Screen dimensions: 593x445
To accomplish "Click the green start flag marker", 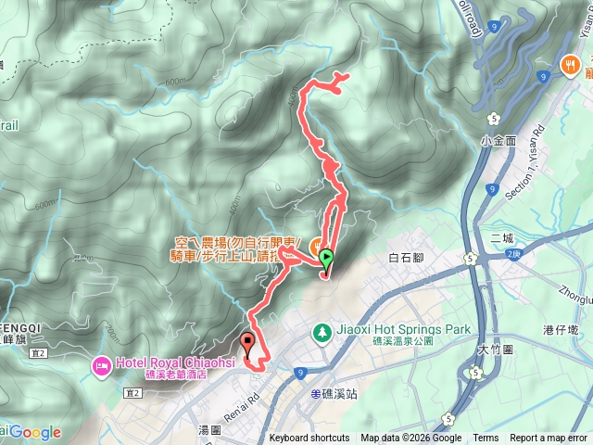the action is (x=326, y=261).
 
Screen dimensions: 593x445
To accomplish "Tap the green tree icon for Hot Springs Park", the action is (x=321, y=330).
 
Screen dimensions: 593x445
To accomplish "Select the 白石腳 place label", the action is (x=407, y=257).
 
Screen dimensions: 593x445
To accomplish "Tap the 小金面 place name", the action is (x=498, y=141).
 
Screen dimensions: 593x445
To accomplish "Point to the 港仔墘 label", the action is (x=561, y=329).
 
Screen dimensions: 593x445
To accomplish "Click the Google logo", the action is (x=35, y=432).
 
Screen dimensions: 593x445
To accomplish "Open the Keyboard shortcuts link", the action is (x=309, y=439).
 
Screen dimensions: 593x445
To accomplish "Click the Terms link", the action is (x=485, y=439).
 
